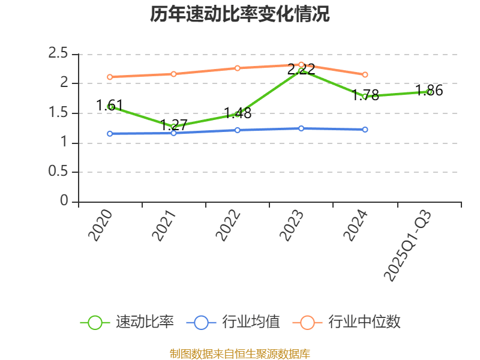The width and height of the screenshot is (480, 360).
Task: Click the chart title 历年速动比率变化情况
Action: (x=239, y=14)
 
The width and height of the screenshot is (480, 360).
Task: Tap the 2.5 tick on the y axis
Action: (x=58, y=53)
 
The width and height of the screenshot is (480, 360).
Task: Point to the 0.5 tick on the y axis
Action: (x=58, y=172)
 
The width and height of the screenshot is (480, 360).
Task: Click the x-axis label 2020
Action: (x=100, y=225)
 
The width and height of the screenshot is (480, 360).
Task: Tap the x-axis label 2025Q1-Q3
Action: (x=408, y=245)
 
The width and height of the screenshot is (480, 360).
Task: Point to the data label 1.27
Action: (x=174, y=125)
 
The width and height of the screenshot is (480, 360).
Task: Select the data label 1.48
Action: (x=238, y=113)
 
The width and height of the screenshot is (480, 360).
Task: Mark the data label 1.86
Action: (x=430, y=91)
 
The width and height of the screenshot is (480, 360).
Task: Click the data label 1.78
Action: (x=365, y=95)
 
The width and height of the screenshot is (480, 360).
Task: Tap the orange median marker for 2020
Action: (x=110, y=77)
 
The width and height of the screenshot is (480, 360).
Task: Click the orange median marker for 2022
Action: (x=238, y=68)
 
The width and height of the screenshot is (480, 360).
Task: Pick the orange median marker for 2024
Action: (x=365, y=74)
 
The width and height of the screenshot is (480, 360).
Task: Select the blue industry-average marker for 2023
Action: (x=301, y=128)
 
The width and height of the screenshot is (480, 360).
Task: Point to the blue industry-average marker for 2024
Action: (x=365, y=129)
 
